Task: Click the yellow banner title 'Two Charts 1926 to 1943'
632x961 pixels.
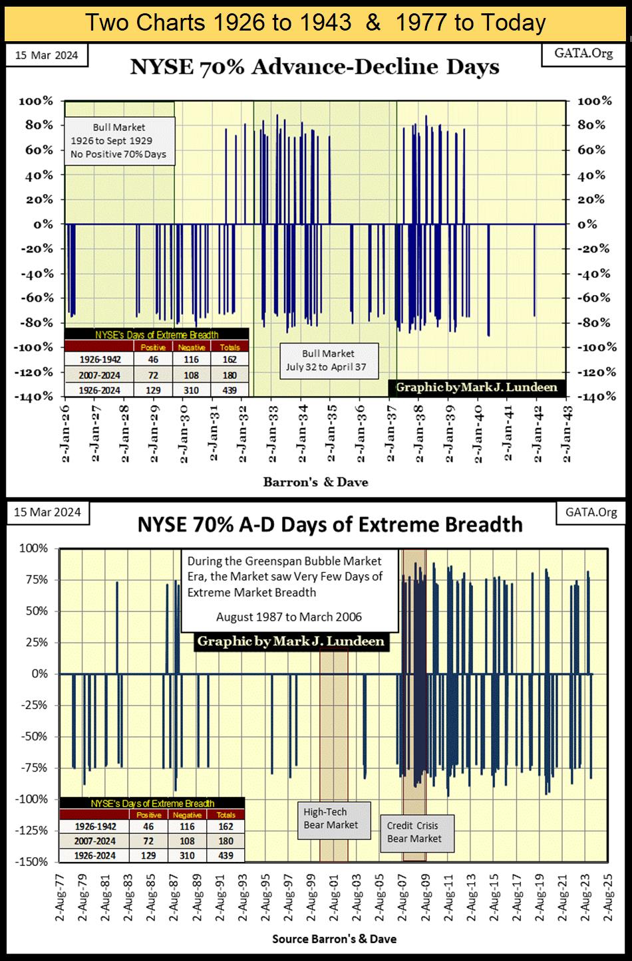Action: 219,23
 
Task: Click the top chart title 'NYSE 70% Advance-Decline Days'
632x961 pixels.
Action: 315,67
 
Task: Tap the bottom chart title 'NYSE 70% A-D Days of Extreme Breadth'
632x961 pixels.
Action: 329,524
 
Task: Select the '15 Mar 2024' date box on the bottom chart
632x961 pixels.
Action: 47,512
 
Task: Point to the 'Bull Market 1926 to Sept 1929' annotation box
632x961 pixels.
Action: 119,141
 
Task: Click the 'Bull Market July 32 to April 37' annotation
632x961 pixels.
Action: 329,360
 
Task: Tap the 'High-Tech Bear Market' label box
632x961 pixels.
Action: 331,818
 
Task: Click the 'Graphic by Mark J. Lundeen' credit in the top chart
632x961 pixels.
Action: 476,387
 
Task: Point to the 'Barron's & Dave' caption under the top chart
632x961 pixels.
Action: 315,482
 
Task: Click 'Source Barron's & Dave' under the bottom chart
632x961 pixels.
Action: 334,939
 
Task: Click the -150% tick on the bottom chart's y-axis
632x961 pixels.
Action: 35,862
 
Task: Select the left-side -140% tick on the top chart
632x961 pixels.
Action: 39,397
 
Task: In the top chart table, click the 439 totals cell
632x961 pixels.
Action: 230,390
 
